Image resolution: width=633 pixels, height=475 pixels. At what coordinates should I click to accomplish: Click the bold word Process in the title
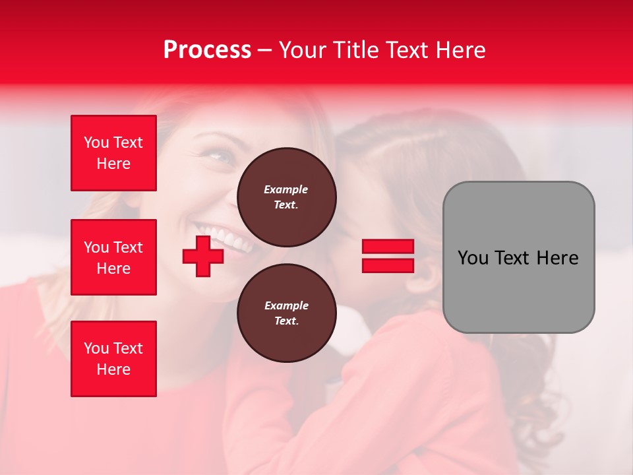coord(207,50)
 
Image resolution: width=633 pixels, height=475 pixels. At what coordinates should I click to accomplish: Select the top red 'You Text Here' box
coord(113,153)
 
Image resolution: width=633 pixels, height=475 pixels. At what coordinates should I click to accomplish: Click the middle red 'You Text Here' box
coord(113,257)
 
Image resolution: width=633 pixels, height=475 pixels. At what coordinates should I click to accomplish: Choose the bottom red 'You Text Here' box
coord(113,359)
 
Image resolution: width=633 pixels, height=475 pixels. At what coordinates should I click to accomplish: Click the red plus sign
coord(203,256)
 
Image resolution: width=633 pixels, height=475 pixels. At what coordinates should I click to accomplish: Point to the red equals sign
coord(388,256)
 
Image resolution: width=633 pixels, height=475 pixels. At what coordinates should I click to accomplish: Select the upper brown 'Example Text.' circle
coord(286,197)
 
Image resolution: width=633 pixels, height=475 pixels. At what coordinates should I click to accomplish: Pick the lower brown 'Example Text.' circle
coord(286,313)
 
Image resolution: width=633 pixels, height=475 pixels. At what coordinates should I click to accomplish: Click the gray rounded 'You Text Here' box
coord(518,257)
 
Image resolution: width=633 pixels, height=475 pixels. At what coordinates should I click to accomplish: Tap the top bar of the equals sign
coord(388,247)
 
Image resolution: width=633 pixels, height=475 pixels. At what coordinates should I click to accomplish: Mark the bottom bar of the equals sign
coord(388,265)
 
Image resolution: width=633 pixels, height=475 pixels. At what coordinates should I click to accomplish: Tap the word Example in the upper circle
coord(286,189)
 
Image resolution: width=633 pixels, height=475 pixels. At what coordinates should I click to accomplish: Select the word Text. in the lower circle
coord(286,321)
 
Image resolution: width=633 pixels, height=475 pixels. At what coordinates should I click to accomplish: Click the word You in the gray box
coord(473,258)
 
